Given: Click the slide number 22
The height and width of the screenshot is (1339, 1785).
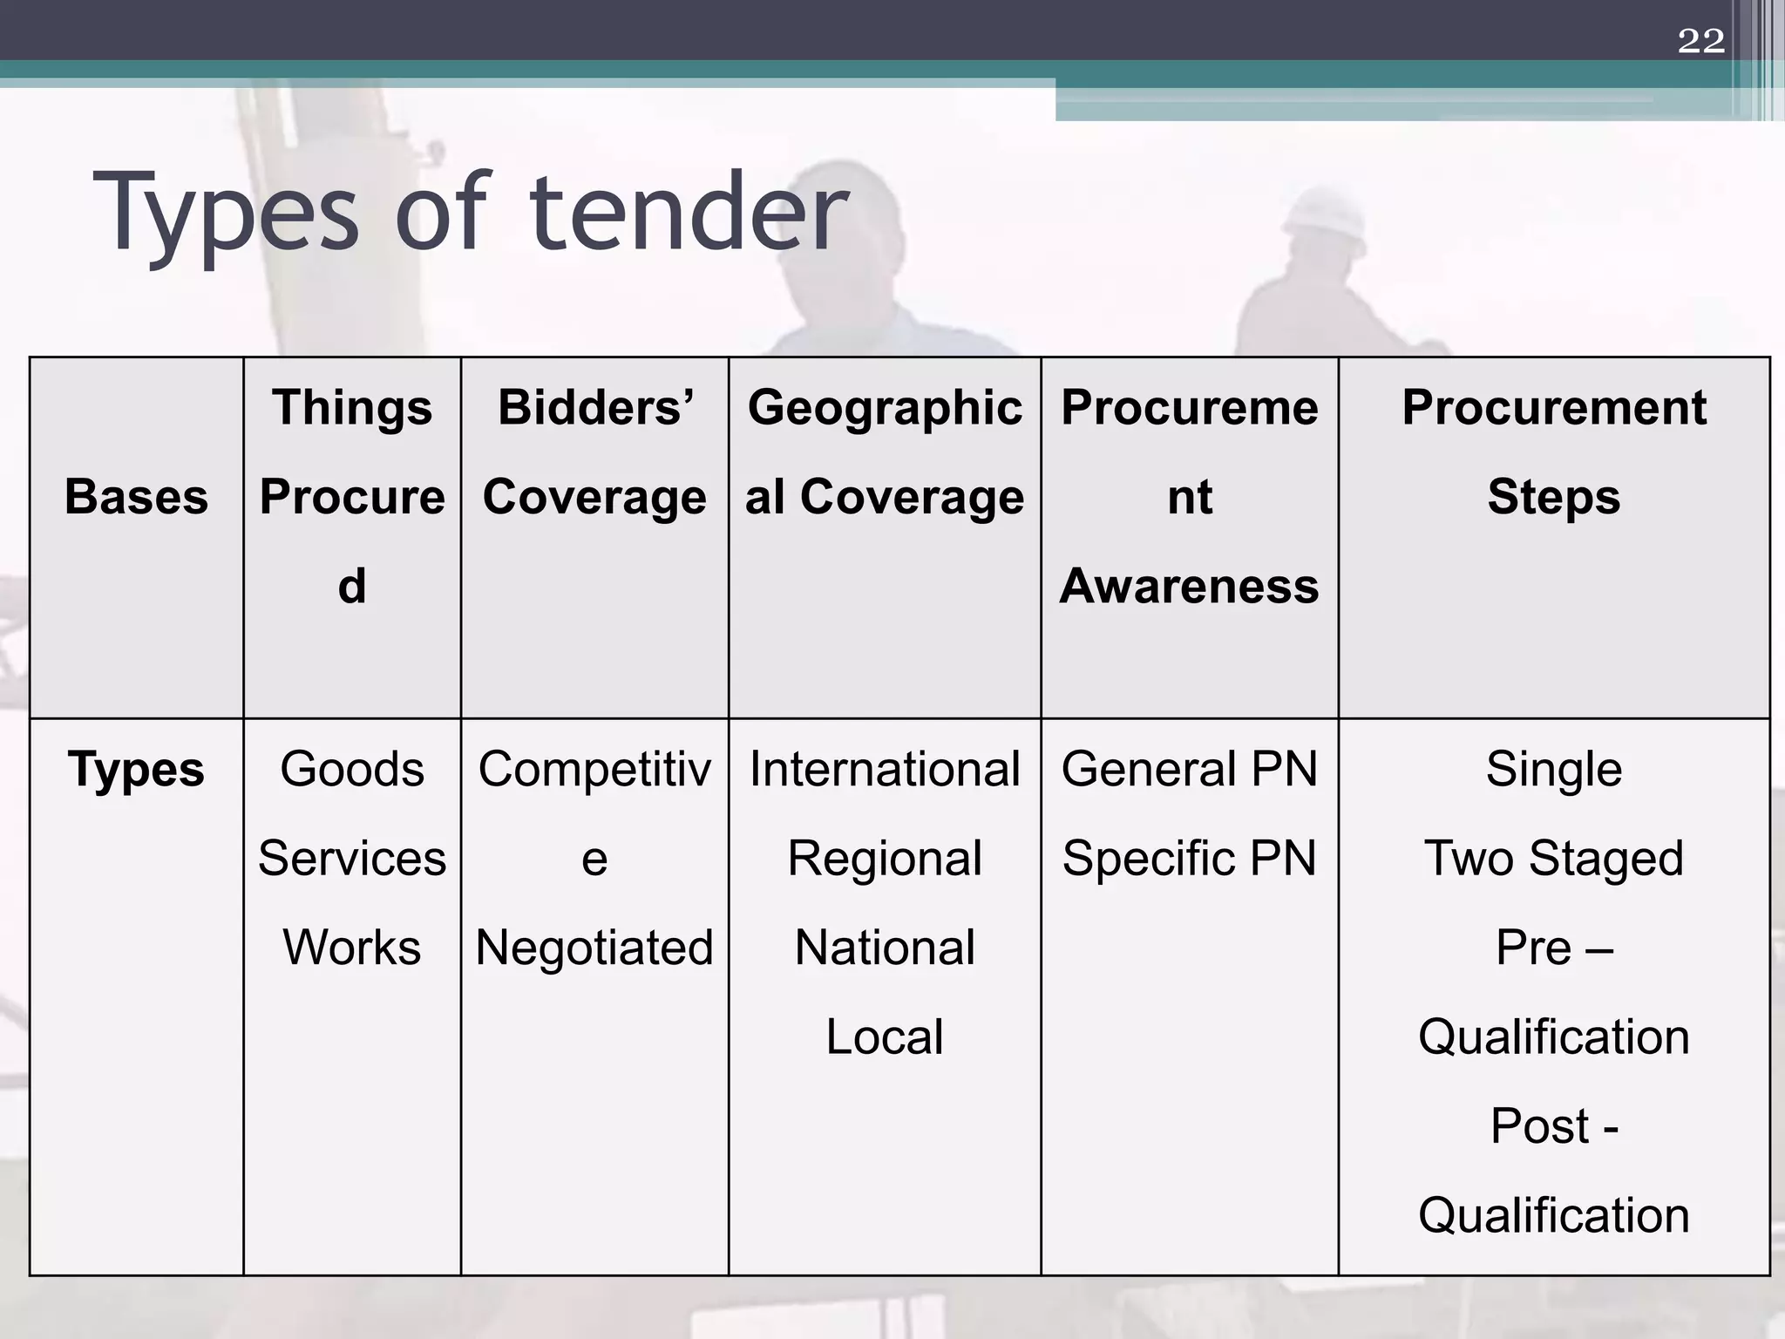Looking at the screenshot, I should point(1700,41).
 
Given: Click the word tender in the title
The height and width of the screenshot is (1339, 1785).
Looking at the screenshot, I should point(688,213).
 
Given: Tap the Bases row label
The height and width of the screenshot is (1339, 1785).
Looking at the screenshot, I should point(136,497).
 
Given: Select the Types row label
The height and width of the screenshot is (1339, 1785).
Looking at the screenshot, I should point(136,770).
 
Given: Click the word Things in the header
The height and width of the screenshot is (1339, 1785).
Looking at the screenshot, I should point(352,407).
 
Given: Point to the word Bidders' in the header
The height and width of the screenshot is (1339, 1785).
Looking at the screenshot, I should point(595,407).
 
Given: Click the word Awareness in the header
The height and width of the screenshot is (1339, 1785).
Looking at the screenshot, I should point(1189,586).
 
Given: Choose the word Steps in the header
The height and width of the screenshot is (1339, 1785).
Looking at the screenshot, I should point(1553,497).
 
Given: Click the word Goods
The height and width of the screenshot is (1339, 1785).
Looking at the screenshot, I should point(352,770).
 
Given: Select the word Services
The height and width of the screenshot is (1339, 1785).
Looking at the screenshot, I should point(352,859).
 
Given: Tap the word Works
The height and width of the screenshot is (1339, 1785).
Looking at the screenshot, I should point(352,948).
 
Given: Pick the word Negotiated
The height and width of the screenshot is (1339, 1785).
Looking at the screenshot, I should point(594,948).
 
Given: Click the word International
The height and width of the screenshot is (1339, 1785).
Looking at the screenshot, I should point(885,770).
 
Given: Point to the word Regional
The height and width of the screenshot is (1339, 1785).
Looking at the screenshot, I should point(885,859).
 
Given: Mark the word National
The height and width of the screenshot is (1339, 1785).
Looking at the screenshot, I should point(885,948).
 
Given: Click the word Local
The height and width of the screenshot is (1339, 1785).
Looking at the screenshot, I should point(885,1037).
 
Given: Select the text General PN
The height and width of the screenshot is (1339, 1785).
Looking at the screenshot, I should point(1189,770).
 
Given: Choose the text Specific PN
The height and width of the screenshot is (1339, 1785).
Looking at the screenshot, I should point(1189,859).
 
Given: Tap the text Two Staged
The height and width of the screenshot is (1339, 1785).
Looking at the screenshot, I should point(1553,859).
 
